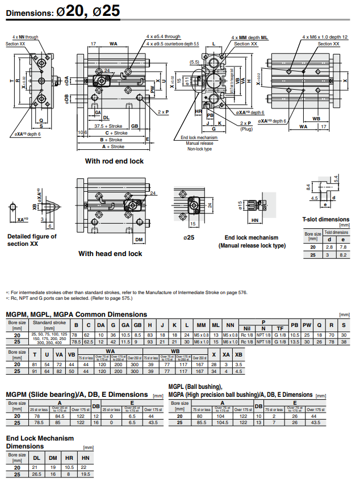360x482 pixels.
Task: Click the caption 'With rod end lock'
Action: [x=114, y=161]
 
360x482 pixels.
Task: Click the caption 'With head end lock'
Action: [x=110, y=254]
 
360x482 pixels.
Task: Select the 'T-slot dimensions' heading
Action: [x=325, y=219]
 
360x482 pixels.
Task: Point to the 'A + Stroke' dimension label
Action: [x=111, y=146]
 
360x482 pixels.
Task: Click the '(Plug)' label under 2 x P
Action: [x=245, y=129]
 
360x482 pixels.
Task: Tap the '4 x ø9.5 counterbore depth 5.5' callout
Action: [x=173, y=43]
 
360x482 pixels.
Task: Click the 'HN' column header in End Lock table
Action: [x=85, y=458]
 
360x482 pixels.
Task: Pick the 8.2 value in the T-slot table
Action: [x=342, y=255]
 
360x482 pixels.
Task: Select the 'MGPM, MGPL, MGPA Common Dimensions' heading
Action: [x=76, y=315]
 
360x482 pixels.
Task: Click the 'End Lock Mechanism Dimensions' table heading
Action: [x=40, y=442]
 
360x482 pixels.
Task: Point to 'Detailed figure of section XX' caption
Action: [x=32, y=240]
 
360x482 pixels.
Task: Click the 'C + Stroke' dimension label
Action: [x=111, y=133]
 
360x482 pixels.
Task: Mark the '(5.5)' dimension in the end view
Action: [x=194, y=62]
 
